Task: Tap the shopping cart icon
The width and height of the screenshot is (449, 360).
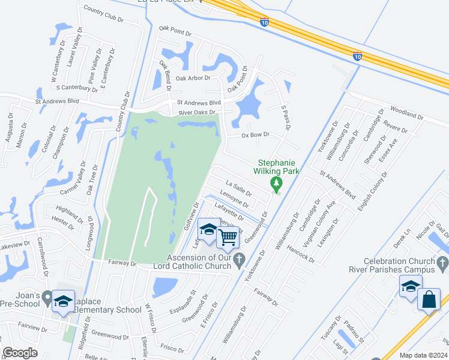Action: coord(228,238)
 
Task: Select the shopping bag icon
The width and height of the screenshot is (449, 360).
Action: coord(429,299)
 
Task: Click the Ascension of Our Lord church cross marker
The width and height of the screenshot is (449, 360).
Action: coord(240,259)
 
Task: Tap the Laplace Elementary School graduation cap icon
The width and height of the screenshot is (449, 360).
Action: coord(62,302)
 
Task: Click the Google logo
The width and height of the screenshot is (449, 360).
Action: coord(20,353)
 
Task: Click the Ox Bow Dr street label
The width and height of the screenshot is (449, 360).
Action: coord(255,135)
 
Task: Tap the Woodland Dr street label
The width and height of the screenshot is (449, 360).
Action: coord(407,112)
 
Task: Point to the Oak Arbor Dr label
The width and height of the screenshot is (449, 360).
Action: coord(193,77)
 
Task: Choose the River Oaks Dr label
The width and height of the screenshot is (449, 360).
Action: coord(196,112)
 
